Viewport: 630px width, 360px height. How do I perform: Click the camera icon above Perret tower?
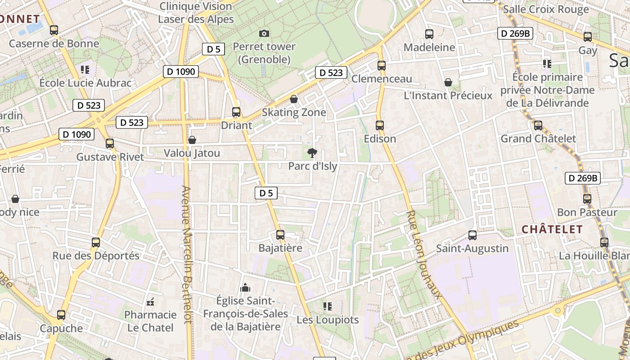(x=264, y=33)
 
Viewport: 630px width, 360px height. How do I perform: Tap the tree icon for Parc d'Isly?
(x=312, y=153)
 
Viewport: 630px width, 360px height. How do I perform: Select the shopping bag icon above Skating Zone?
(x=294, y=99)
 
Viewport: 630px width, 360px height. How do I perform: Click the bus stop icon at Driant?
(x=236, y=112)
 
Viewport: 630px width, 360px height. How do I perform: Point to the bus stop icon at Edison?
(x=380, y=126)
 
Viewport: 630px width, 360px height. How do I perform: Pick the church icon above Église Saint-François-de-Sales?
(x=245, y=287)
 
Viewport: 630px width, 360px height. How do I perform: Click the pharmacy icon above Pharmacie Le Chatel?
(x=151, y=301)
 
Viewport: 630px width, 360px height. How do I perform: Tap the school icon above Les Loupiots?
(x=328, y=306)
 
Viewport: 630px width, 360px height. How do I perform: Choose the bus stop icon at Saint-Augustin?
(x=472, y=235)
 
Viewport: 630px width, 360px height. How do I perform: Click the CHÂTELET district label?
(x=552, y=229)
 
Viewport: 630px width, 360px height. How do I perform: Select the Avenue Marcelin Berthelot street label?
(x=187, y=254)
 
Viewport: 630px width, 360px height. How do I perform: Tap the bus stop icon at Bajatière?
(x=280, y=234)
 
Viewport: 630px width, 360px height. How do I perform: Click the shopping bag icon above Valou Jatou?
(x=192, y=140)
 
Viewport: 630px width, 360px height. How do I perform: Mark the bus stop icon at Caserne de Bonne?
(x=54, y=30)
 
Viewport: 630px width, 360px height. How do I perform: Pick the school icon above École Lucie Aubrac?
(x=85, y=70)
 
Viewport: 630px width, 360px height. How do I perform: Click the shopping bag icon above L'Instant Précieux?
(x=448, y=82)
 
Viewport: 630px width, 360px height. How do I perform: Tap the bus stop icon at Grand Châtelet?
(x=538, y=126)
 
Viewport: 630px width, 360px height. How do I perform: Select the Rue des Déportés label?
(x=96, y=256)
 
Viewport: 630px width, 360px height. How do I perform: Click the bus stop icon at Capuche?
(x=61, y=315)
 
